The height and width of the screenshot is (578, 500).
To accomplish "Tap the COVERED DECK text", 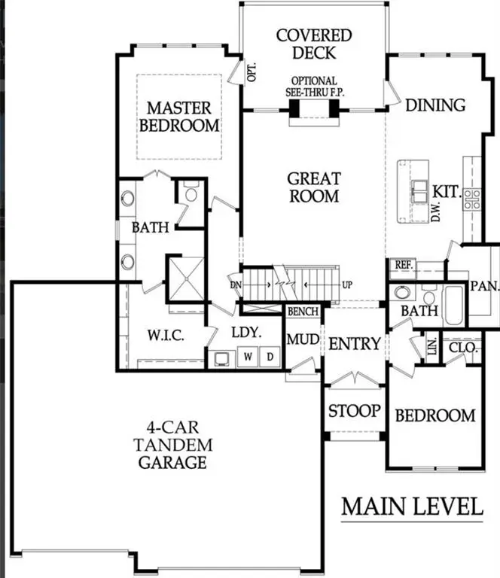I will click(x=313, y=44).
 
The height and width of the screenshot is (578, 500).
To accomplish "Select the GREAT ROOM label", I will click(x=313, y=187).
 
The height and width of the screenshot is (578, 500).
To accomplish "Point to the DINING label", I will click(x=435, y=105).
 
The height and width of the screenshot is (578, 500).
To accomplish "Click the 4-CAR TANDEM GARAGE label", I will click(x=175, y=445).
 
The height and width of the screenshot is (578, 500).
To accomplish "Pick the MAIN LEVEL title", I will click(x=412, y=507).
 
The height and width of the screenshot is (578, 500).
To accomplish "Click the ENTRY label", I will click(x=355, y=344).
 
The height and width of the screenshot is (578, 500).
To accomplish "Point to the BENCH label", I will click(x=303, y=312).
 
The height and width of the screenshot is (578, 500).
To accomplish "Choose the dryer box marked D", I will click(x=271, y=357).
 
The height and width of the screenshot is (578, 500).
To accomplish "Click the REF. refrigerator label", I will click(x=402, y=265).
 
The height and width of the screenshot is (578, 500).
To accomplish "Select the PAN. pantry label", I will click(x=483, y=286).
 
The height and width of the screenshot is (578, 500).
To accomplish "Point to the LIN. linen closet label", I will click(x=431, y=347).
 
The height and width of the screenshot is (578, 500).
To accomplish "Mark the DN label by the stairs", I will click(x=236, y=284).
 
